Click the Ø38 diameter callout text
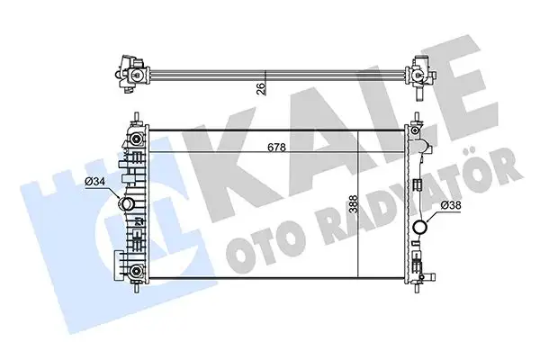[453, 204]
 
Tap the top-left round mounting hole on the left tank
[133, 142]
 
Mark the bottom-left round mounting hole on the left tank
[133, 271]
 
